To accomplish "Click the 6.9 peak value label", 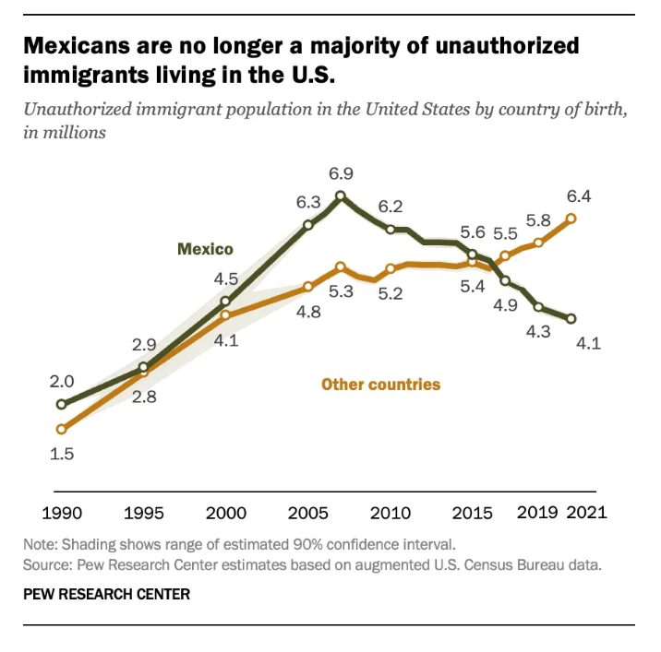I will tap(341, 173).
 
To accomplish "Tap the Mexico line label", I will tap(205, 249).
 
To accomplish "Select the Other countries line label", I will tap(380, 384).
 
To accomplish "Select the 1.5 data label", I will tap(62, 454).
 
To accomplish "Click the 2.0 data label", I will tap(62, 382).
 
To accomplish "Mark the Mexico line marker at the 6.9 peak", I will tap(341, 196).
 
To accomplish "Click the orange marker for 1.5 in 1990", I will tap(62, 429).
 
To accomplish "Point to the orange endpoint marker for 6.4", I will tap(571, 219).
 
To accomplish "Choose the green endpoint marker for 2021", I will tap(571, 319).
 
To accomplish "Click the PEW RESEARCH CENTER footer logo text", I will tap(106, 595).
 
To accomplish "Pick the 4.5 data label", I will tap(226, 279).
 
